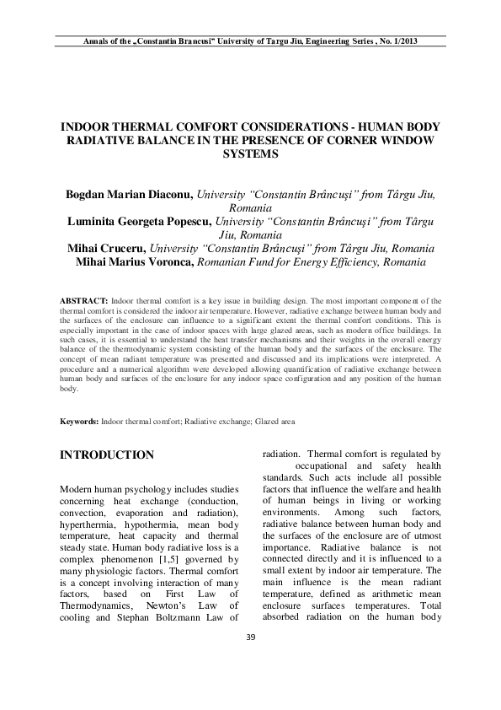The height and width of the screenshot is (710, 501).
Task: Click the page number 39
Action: [x=250, y=659]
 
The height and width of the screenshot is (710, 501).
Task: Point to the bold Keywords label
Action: [x=80, y=420]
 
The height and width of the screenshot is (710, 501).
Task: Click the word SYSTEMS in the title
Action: [x=250, y=154]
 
